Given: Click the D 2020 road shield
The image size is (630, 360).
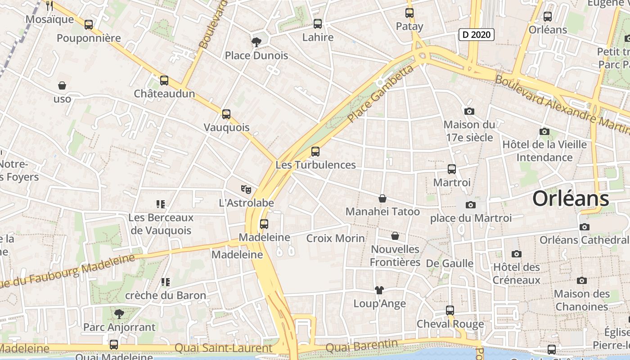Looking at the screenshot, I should click(477, 35).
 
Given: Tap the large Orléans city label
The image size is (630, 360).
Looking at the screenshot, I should click(571, 199).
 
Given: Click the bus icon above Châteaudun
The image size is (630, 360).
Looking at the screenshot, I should click(164, 81).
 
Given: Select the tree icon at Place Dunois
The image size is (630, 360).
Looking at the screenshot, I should click(256, 42).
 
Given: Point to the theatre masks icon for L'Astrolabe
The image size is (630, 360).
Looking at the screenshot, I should click(245, 189).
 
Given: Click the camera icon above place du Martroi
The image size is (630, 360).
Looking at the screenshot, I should click(470, 205).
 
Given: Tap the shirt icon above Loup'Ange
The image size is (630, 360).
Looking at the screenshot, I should click(379, 290).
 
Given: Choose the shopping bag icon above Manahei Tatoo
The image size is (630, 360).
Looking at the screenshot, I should click(382, 198).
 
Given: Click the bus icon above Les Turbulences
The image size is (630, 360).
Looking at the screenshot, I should click(315, 152).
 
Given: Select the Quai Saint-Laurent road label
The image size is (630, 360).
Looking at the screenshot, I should click(223, 348).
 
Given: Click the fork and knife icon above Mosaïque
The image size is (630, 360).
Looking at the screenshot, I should click(49, 6).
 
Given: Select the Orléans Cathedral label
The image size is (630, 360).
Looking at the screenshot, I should click(584, 240).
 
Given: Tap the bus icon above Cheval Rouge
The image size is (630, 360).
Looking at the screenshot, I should click(450, 310).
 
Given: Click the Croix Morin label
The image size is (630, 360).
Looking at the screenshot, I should click(335, 238).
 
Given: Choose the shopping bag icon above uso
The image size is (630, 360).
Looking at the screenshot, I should click(62, 85).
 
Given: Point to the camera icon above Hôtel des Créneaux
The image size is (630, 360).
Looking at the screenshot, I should click(516, 254).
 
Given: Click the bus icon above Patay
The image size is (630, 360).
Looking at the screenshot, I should click(409, 13).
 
